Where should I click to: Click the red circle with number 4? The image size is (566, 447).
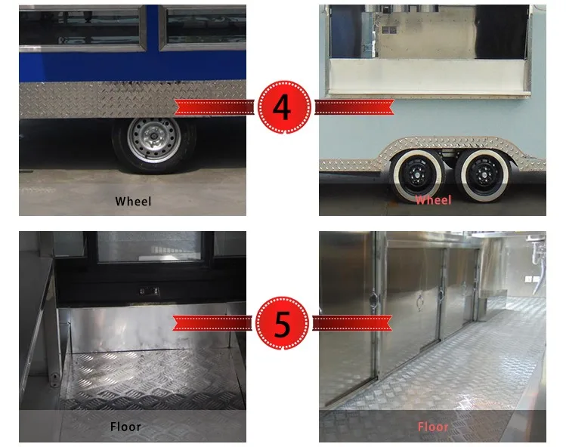tap(284, 107)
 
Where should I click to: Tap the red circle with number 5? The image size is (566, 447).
tap(283, 323)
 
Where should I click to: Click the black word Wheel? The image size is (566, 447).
tap(133, 202)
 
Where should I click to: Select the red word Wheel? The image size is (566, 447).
tap(433, 200)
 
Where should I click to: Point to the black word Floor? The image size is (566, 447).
tap(125, 427)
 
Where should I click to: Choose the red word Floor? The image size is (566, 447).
tap(433, 427)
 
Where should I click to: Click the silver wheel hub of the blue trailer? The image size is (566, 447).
tap(154, 139)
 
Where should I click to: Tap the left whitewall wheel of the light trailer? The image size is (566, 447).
tap(418, 176)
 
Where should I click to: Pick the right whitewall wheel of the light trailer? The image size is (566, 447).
tap(484, 176)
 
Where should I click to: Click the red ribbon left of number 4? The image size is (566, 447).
tap(215, 107)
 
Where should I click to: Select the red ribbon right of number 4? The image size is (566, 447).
tap(354, 107)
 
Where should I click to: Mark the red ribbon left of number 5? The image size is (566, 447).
tap(212, 323)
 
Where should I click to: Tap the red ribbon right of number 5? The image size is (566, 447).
tap(352, 323)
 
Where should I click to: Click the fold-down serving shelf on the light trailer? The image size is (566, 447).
tap(428, 77)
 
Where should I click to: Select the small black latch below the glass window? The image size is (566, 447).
tap(149, 291)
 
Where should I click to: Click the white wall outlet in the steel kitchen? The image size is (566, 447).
tap(529, 279)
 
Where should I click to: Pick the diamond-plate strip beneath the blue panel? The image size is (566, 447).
tap(132, 100)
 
